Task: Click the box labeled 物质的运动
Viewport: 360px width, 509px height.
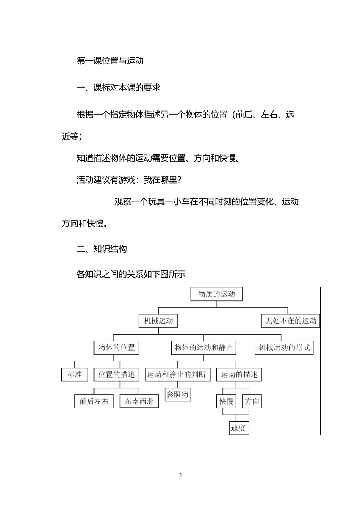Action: (216, 294)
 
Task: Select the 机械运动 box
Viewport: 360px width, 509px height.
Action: (158, 321)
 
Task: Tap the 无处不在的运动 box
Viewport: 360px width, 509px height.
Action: (291, 321)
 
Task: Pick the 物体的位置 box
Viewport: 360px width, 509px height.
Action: (116, 347)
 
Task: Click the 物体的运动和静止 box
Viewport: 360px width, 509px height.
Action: (203, 347)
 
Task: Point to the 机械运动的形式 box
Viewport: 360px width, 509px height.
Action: (284, 347)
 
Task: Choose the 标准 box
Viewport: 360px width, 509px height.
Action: (75, 374)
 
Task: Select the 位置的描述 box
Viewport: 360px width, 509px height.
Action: (116, 374)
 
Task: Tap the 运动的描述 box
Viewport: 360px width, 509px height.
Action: (239, 374)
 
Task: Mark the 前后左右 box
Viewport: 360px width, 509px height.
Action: (94, 401)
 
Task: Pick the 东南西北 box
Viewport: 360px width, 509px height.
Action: (139, 401)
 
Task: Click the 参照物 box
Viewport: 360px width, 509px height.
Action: (177, 394)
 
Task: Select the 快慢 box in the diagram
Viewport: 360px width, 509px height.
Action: (226, 401)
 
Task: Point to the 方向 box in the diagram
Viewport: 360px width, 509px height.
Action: (252, 401)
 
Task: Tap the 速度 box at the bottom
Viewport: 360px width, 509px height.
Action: (239, 428)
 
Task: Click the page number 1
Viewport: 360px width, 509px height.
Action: (180, 474)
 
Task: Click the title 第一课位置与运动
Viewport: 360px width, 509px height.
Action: (110, 61)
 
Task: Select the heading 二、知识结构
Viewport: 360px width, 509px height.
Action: (102, 249)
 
